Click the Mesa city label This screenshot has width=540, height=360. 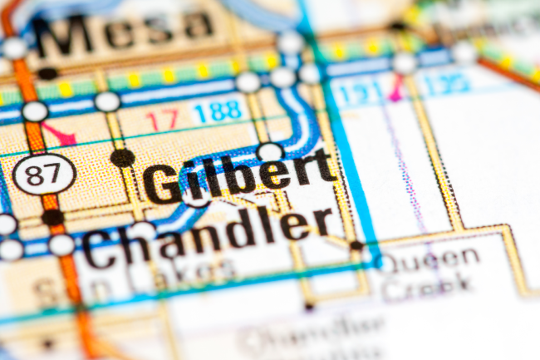pyautogui.click(x=125, y=33)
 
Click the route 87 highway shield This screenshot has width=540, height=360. pyautogui.click(x=44, y=175)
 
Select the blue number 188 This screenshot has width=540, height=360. pyautogui.click(x=217, y=111)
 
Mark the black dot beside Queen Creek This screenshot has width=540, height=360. pyautogui.click(x=356, y=245)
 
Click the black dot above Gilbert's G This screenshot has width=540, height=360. pyautogui.click(x=123, y=157)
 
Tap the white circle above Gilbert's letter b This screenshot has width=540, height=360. pyautogui.click(x=269, y=152)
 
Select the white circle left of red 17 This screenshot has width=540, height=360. pyautogui.click(x=107, y=101)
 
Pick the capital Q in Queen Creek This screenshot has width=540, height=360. pyautogui.click(x=391, y=261)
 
